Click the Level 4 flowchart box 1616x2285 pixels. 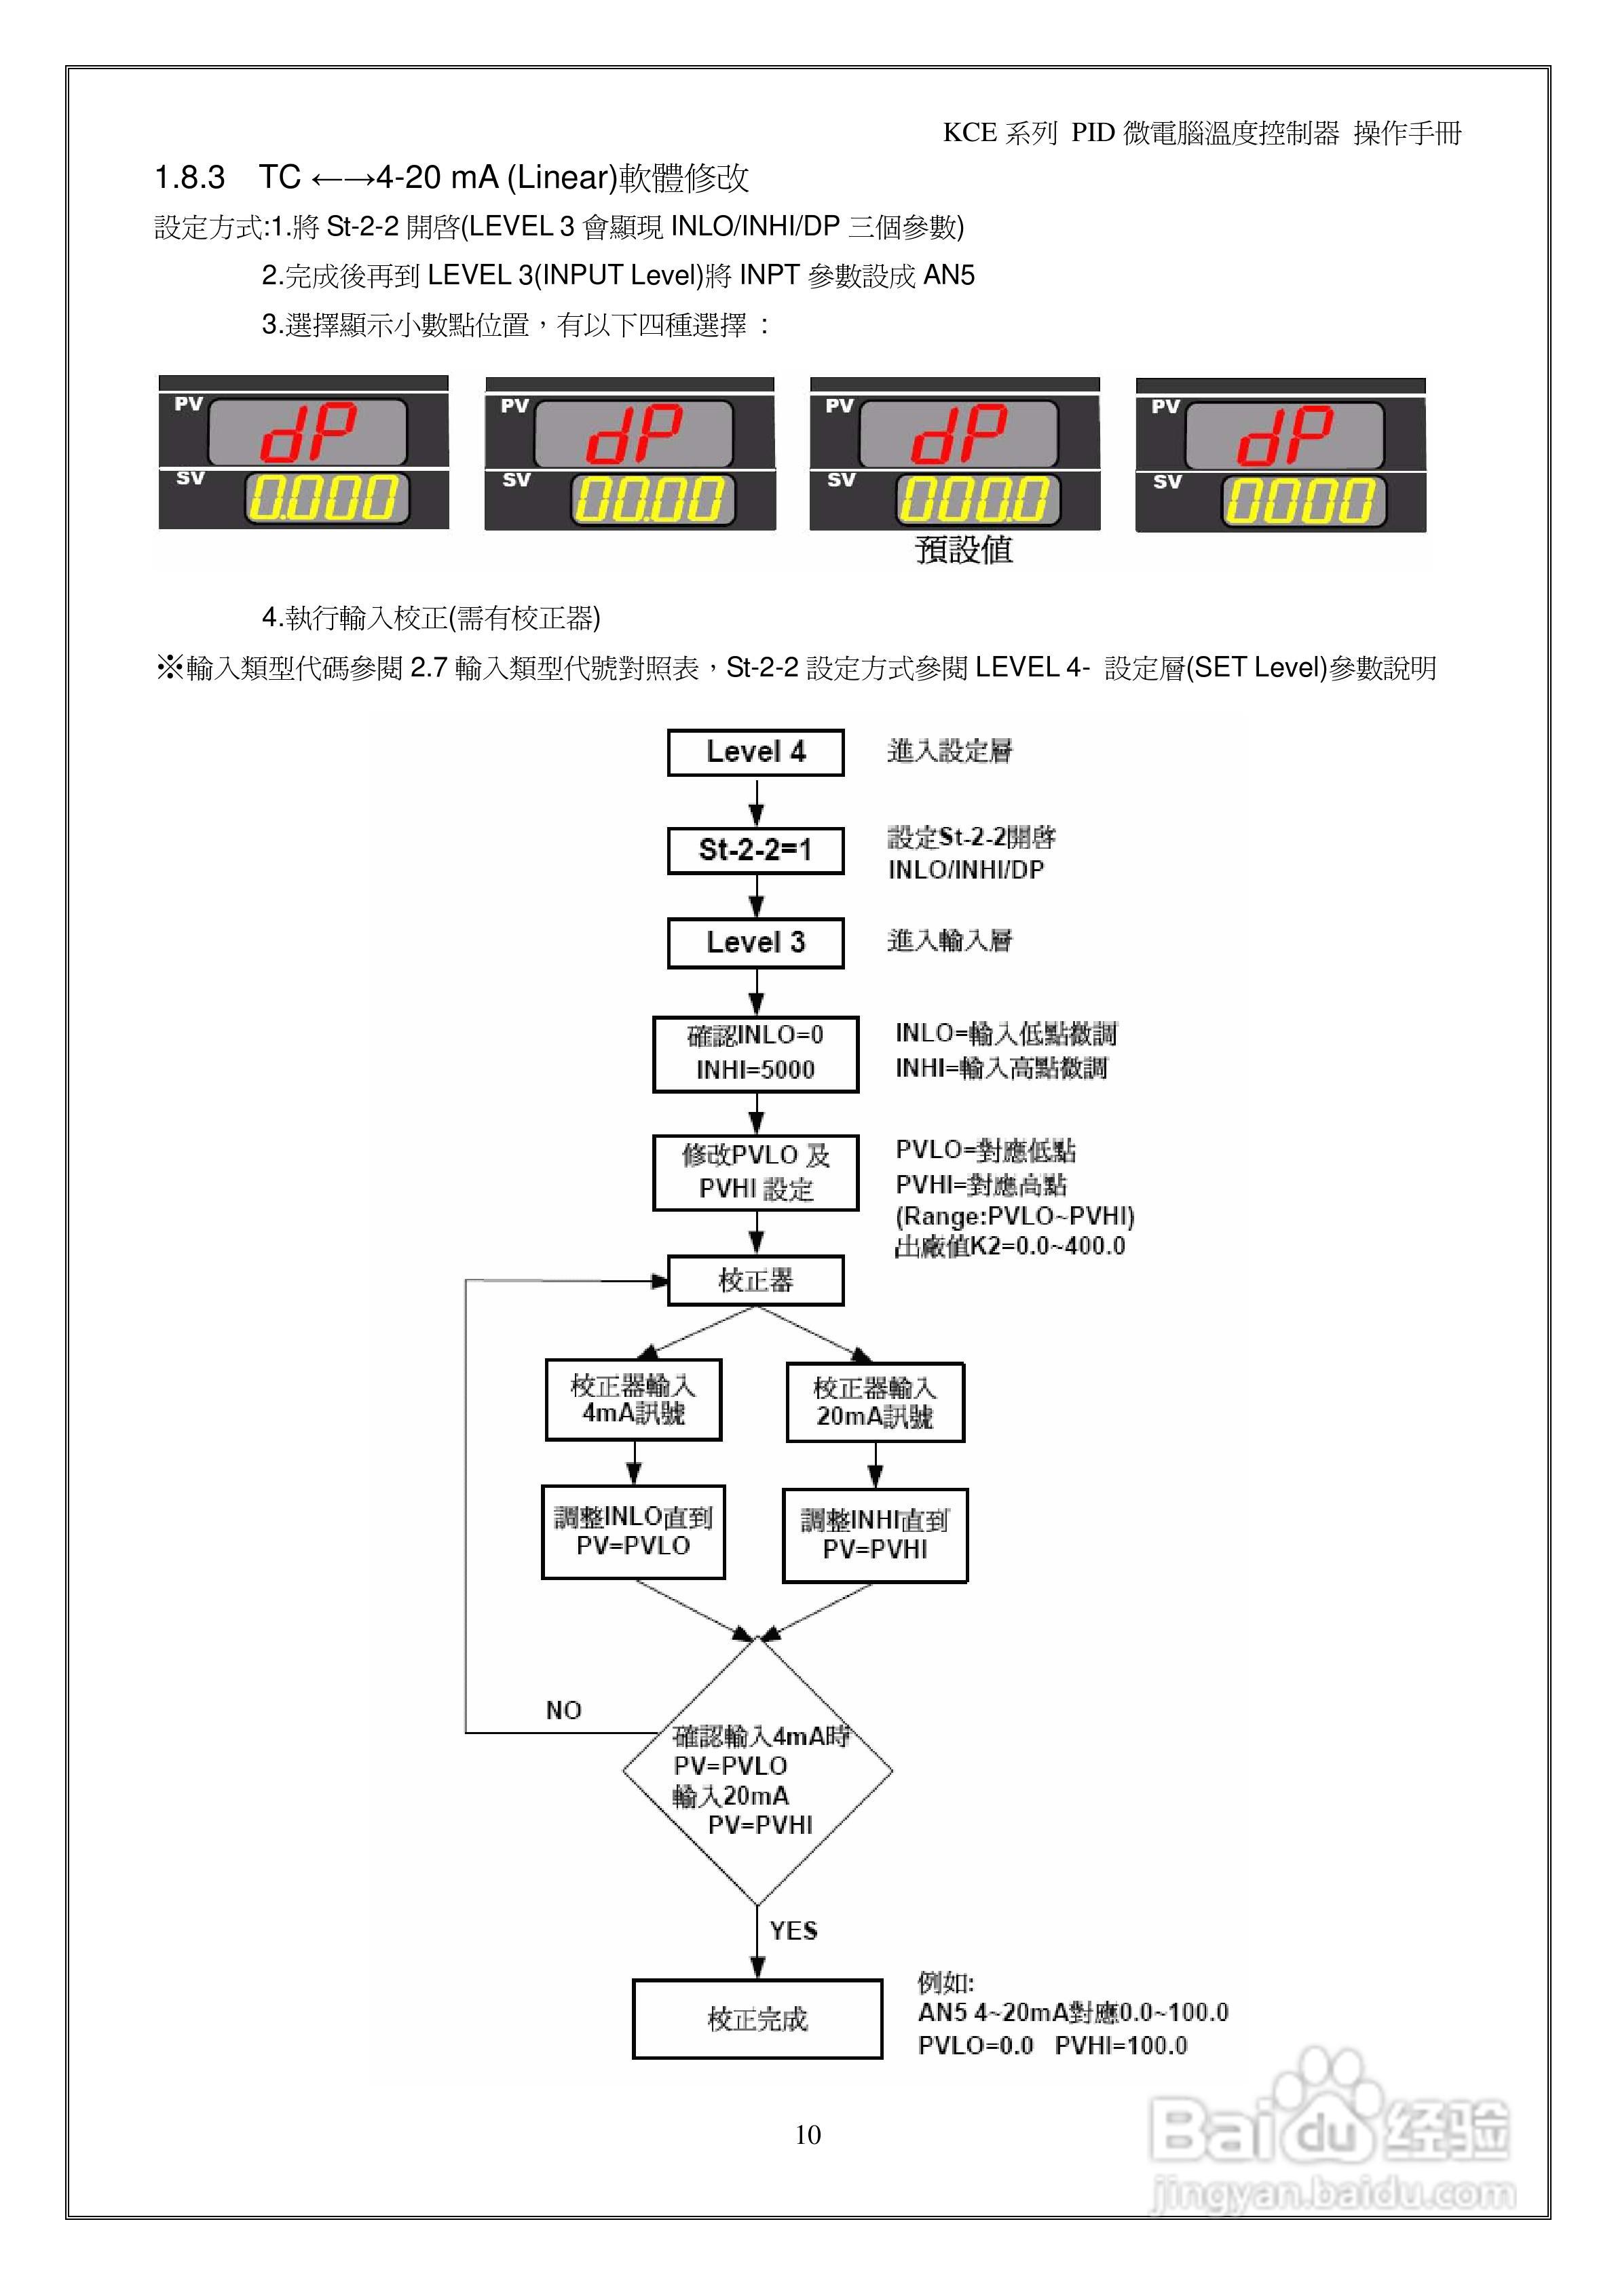pos(755,752)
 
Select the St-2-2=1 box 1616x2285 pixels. pos(755,850)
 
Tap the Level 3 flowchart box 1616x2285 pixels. pos(755,942)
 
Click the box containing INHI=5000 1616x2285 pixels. pos(755,1054)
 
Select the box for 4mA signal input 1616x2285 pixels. pos(633,1399)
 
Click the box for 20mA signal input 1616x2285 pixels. pos(876,1402)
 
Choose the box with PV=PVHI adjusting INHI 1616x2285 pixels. pos(876,1535)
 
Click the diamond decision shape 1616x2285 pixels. pos(757,1771)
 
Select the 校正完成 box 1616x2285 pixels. pos(757,2019)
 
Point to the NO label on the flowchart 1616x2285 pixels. pos(563,1710)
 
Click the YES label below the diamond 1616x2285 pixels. pos(793,1931)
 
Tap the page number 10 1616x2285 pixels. pos(808,2134)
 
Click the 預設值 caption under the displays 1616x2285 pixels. pos(963,550)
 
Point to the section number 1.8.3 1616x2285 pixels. pos(189,178)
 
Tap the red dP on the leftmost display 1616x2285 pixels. pos(307,433)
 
